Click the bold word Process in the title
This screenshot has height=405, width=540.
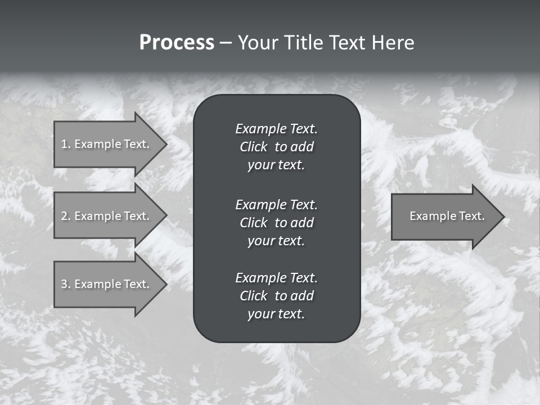point(177,43)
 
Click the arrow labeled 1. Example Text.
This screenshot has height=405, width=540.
point(107,144)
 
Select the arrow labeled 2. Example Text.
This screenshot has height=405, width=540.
point(107,216)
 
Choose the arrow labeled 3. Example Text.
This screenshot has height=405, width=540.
point(107,284)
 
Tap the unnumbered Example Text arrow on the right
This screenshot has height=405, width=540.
point(444,216)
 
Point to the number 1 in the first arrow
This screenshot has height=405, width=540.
point(64,144)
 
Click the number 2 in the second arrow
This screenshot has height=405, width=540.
point(64,216)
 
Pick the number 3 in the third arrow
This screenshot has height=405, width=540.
point(64,284)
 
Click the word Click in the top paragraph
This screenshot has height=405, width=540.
point(253,147)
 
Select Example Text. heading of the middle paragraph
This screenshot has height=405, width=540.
point(276,204)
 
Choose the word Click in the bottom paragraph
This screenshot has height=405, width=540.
point(253,296)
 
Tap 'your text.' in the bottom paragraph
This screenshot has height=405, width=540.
point(276,314)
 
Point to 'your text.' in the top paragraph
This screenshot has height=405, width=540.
point(276,165)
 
